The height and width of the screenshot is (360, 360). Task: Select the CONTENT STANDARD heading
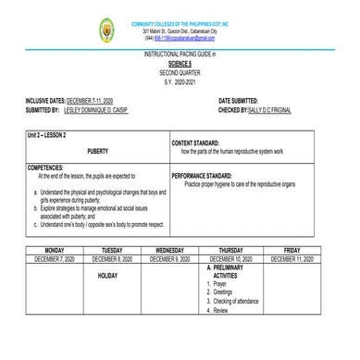200,143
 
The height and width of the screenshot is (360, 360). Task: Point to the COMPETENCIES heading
49,168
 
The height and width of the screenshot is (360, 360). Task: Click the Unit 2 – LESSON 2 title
55,135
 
